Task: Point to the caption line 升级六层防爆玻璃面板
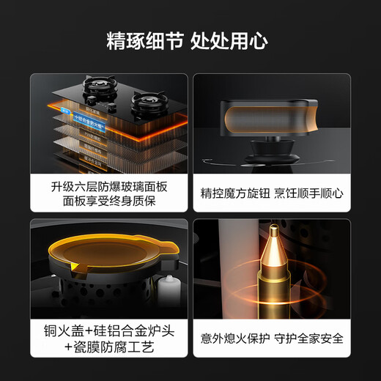pyautogui.click(x=108, y=185)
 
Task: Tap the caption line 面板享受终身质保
pyautogui.click(x=108, y=201)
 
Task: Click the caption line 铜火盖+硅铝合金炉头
pyautogui.click(x=108, y=331)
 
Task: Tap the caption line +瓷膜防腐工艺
pyautogui.click(x=108, y=347)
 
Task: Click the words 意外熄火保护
pyautogui.click(x=232, y=339)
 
